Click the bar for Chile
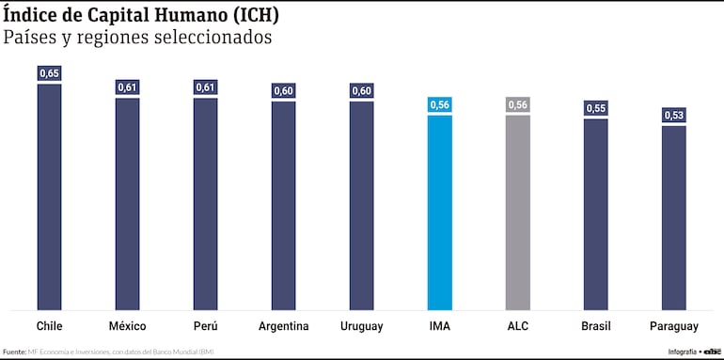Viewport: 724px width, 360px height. (49, 197)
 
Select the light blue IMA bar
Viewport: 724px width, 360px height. (439, 212)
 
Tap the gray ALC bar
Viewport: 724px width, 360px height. (517, 212)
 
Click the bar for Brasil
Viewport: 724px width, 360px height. (595, 214)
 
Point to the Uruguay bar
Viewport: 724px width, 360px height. (361, 206)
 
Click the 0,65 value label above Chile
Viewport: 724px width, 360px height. (49, 72)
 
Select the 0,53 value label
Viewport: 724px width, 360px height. (673, 115)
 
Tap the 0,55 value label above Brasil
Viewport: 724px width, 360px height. (595, 108)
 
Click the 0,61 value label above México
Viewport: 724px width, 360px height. (127, 87)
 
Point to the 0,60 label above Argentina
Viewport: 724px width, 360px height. (283, 90)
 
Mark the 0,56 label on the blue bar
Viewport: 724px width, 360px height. (439, 104)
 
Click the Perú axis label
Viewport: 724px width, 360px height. (205, 326)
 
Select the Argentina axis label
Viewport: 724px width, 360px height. (283, 326)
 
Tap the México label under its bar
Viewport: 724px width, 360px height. (127, 326)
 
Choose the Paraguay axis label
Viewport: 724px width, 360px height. (673, 326)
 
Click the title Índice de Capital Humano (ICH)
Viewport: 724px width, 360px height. (141, 16)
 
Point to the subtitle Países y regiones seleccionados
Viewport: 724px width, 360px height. (137, 39)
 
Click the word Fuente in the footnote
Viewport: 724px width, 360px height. (14, 352)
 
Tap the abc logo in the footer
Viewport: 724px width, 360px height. (710, 352)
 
